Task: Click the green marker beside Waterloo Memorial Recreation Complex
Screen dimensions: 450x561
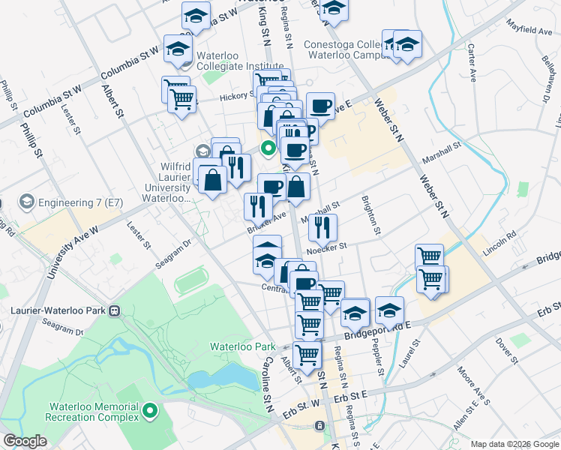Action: (x=150, y=410)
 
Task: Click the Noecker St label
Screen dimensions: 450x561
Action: (x=328, y=246)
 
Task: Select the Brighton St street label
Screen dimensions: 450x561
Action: (x=369, y=213)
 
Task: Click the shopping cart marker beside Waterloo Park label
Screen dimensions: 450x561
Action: (x=307, y=355)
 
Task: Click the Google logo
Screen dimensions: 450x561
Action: (x=25, y=441)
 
